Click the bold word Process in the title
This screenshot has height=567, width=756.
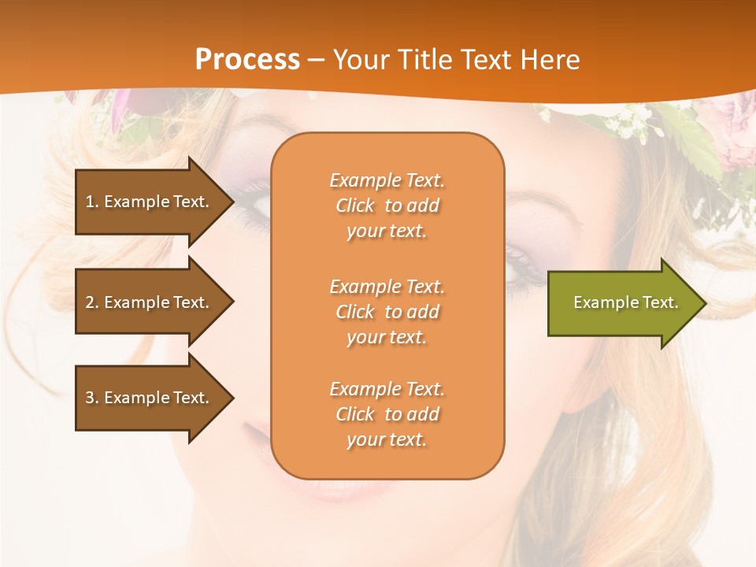coord(247,59)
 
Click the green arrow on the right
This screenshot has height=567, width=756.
coord(622,303)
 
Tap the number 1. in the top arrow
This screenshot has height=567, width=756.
coord(92,202)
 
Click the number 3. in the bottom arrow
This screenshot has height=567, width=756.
coord(92,398)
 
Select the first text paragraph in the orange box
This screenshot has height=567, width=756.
coord(387,206)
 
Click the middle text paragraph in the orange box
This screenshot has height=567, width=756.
coord(387,312)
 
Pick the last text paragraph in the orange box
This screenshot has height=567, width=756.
coord(387,414)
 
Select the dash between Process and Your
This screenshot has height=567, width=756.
coord(317,60)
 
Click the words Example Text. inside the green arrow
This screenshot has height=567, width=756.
coord(625,302)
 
